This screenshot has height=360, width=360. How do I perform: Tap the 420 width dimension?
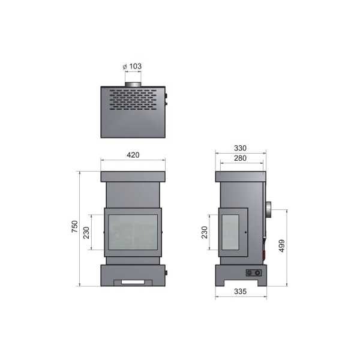133,155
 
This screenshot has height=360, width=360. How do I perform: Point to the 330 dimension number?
241,148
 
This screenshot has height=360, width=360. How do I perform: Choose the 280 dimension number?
241,158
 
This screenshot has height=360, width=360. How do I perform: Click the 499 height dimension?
281,246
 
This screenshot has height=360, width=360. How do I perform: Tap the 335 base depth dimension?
241,292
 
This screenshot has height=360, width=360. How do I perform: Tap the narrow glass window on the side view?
230,231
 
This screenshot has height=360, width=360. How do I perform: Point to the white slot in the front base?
133,281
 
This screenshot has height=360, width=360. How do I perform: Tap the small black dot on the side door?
245,232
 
